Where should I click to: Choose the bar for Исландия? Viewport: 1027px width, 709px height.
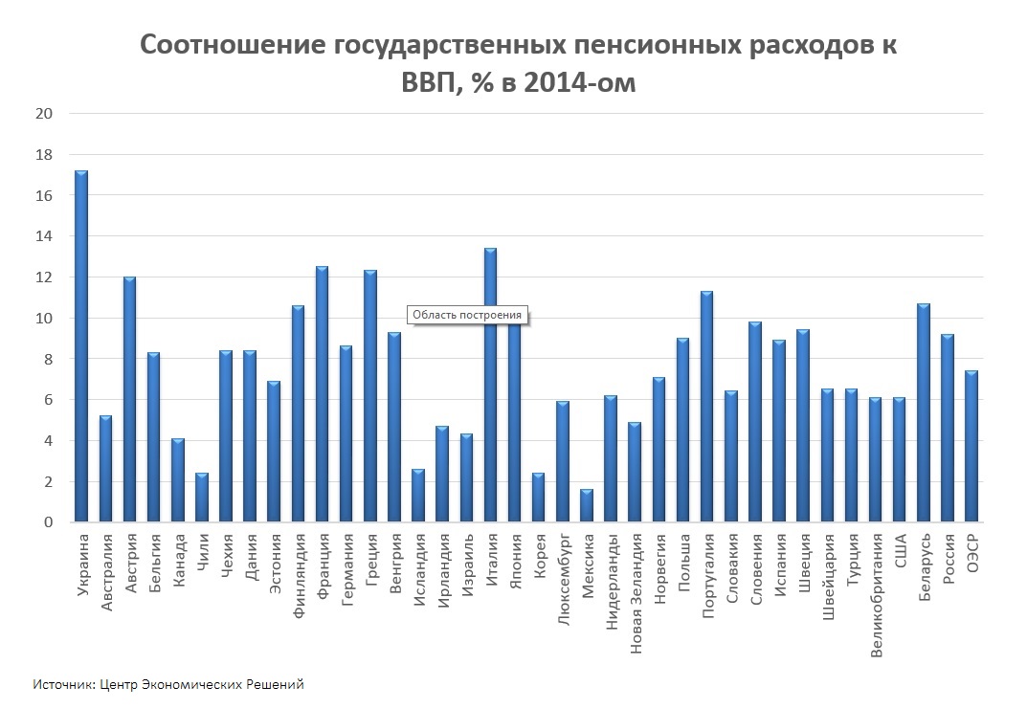tap(418, 496)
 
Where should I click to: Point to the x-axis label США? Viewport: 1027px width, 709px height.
tap(900, 551)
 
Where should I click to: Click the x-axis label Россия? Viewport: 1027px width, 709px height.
tap(949, 559)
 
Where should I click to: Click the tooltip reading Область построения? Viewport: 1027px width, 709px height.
tap(467, 315)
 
